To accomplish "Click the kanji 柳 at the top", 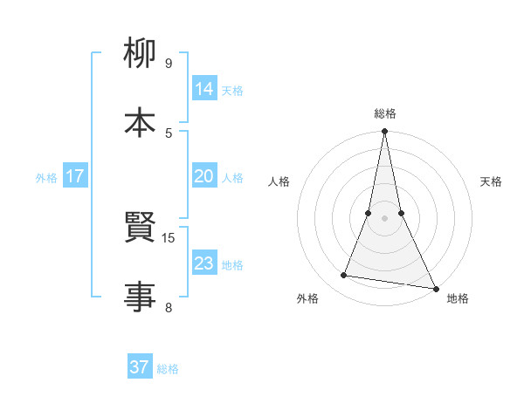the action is click(x=140, y=55).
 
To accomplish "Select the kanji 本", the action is click(x=140, y=123).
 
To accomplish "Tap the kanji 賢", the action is click(x=140, y=229).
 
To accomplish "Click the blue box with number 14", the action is click(x=204, y=88).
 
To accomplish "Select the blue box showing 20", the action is click(x=204, y=176).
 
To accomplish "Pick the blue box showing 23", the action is click(x=204, y=263).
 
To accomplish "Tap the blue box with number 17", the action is click(x=75, y=176).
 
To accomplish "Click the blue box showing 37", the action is click(x=140, y=367).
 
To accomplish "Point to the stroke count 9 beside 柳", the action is click(x=169, y=63).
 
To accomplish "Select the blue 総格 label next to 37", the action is click(x=168, y=369).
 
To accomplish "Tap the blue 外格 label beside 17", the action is click(x=46, y=178).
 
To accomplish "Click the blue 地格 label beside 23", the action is click(x=232, y=265).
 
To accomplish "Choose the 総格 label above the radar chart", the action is click(x=384, y=113).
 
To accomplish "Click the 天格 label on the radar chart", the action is click(x=492, y=181).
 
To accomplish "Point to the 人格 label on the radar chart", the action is click(x=279, y=181).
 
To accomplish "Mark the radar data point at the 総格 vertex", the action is click(x=384, y=132).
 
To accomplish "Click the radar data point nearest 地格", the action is click(x=435, y=288).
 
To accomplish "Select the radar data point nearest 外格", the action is click(x=344, y=276).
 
